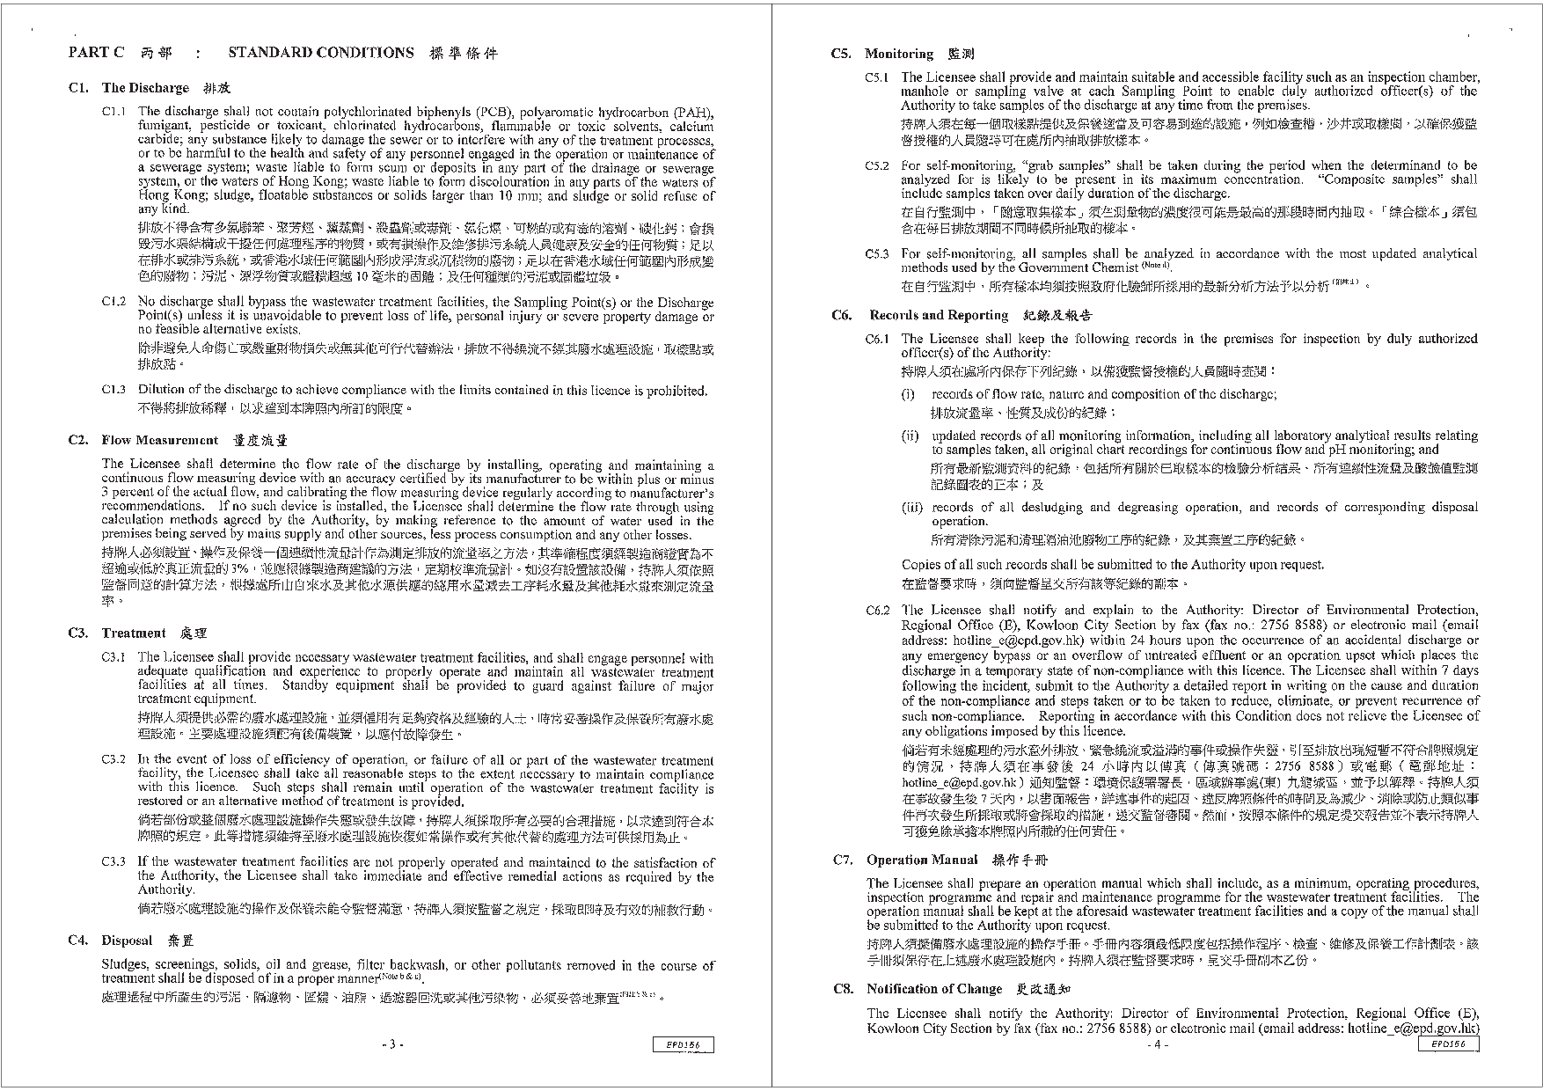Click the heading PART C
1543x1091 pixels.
[96, 53]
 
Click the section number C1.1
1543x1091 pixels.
[114, 112]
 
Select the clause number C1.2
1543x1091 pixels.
[114, 302]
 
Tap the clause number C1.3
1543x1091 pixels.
[114, 390]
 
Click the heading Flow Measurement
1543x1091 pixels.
[159, 440]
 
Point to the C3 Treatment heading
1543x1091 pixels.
[133, 633]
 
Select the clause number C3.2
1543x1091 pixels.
[114, 759]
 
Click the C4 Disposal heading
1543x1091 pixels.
[127, 941]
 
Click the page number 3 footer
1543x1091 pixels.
[392, 1044]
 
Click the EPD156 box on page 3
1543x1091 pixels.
[684, 1044]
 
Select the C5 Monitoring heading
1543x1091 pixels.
[898, 55]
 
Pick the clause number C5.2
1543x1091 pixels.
[877, 165]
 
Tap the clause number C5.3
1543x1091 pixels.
[877, 254]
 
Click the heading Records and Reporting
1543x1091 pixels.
[938, 315]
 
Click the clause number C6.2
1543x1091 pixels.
[877, 610]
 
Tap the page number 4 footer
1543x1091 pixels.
[1158, 1044]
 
